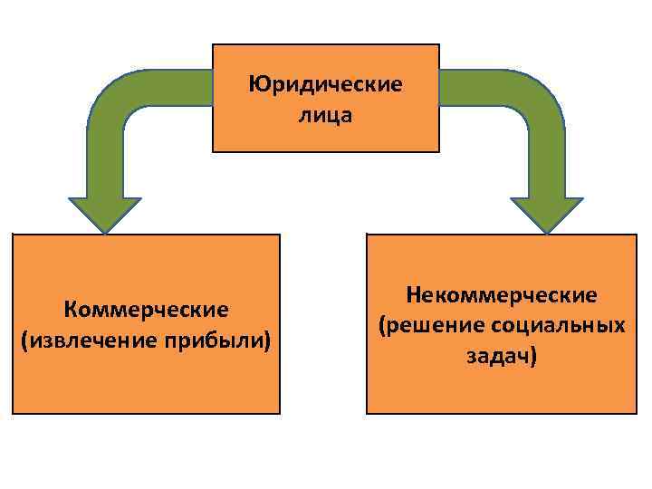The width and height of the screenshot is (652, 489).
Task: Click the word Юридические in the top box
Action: (325, 86)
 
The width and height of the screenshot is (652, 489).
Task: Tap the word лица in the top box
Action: (324, 116)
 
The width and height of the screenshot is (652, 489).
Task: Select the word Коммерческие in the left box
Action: (146, 311)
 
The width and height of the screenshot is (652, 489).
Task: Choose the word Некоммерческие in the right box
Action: (502, 295)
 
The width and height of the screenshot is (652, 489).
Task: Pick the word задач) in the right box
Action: (502, 355)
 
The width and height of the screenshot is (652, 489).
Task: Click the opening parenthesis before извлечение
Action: (22, 341)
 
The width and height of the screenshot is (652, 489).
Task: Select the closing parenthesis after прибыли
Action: (268, 341)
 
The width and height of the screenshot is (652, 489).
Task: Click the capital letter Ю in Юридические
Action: (256, 86)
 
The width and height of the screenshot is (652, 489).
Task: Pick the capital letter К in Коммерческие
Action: (70, 311)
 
